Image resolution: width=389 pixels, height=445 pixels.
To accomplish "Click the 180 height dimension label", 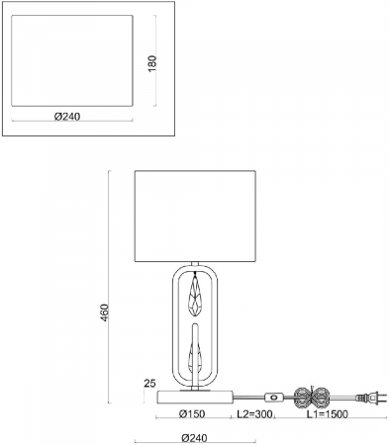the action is click(152, 63).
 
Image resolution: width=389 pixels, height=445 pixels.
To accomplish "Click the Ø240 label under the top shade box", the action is click(67, 117).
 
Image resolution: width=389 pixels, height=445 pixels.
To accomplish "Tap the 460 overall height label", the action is click(104, 312).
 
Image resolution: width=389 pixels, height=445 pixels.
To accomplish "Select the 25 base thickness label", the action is click(149, 384).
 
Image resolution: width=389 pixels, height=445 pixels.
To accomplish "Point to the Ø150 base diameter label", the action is click(192, 413).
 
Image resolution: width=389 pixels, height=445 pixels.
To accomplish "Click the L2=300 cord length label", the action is click(254, 413).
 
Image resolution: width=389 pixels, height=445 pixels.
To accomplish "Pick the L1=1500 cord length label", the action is click(328, 413).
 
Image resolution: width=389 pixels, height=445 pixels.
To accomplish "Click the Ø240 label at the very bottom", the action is click(195, 438).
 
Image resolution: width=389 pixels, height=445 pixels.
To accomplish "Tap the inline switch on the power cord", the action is click(273, 398).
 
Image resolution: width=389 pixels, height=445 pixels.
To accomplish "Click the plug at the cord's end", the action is click(371, 398).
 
